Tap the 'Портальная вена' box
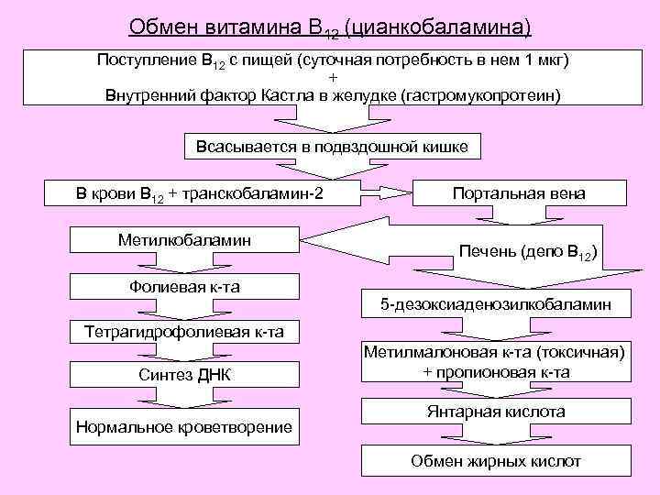519,193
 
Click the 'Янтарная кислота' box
495,412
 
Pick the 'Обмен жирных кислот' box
495,461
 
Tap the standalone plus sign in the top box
332,78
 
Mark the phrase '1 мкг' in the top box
544,60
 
